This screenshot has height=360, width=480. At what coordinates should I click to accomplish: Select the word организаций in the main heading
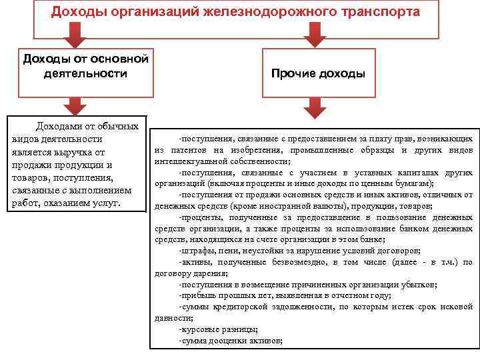point(161,12)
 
